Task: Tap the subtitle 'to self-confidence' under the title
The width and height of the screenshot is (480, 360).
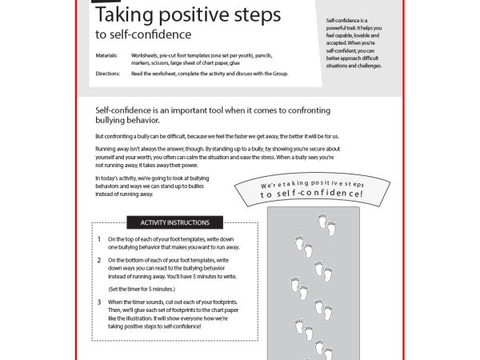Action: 143,34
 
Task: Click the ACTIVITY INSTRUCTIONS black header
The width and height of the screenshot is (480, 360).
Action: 175,222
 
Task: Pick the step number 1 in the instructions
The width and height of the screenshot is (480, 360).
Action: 99,239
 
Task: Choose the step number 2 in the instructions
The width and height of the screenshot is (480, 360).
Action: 99,260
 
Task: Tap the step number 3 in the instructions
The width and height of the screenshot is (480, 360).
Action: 99,302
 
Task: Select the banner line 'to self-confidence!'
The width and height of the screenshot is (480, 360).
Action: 311,194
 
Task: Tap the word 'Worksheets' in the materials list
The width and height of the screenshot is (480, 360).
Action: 148,55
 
